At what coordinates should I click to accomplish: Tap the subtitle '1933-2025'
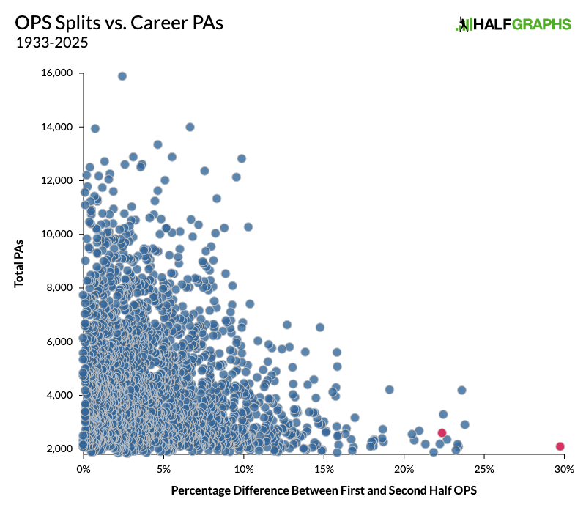click(x=51, y=43)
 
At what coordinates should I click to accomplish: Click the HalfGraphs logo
click(x=513, y=24)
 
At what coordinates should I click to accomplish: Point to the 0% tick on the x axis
click(x=84, y=468)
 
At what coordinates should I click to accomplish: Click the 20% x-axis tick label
click(x=404, y=468)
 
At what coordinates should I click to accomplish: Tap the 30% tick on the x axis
click(x=563, y=468)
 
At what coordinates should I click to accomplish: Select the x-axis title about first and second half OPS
click(x=324, y=490)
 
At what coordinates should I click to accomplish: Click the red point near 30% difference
click(x=560, y=446)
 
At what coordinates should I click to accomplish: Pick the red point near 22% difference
click(x=442, y=433)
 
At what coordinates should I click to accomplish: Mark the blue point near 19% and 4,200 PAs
click(x=389, y=389)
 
